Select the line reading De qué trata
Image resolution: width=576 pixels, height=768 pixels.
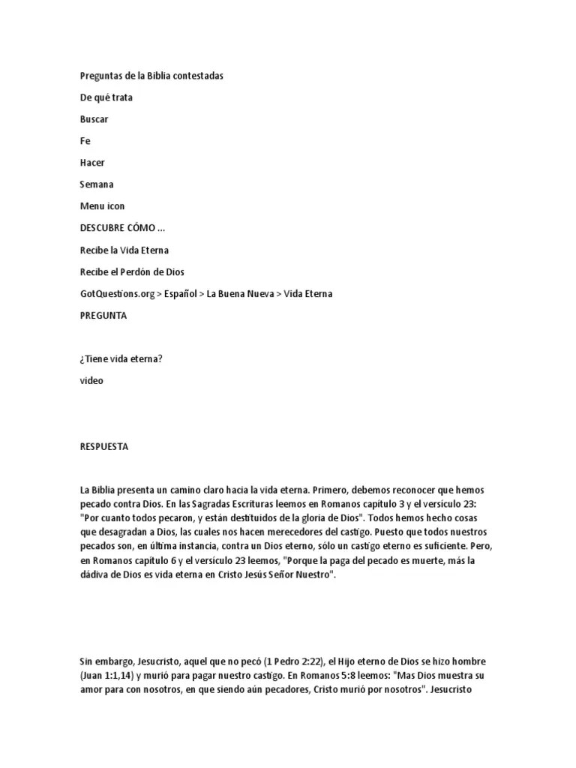click(x=106, y=97)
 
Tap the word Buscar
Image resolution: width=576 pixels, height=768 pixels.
click(x=94, y=119)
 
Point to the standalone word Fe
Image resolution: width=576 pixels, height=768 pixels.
click(x=85, y=141)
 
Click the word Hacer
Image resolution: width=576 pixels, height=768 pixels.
click(x=92, y=163)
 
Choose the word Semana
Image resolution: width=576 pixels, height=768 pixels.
click(x=97, y=184)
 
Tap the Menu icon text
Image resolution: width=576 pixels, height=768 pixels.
click(x=103, y=206)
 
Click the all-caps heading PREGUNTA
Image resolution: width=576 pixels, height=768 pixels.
click(x=103, y=316)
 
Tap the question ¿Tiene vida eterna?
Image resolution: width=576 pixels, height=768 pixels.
click(x=121, y=358)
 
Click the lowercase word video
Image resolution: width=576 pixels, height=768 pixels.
click(x=91, y=380)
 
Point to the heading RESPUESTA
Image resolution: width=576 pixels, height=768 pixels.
click(x=104, y=446)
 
